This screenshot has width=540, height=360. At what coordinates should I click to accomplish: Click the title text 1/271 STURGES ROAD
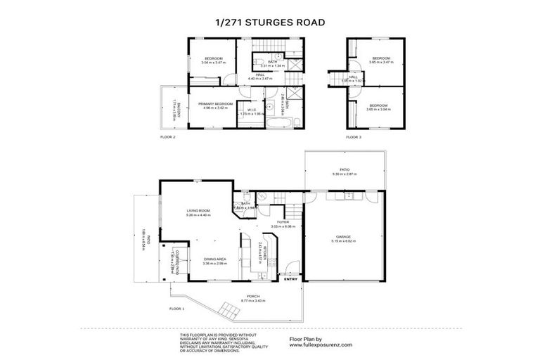[270, 22]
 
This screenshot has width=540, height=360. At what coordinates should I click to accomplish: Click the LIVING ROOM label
[199, 210]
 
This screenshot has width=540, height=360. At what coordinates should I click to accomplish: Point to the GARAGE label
[344, 237]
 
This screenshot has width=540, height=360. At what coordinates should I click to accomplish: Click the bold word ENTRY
[290, 278]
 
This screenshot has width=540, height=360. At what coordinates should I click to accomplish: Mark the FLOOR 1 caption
[176, 309]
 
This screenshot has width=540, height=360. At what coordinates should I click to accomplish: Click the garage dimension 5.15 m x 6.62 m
[344, 241]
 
